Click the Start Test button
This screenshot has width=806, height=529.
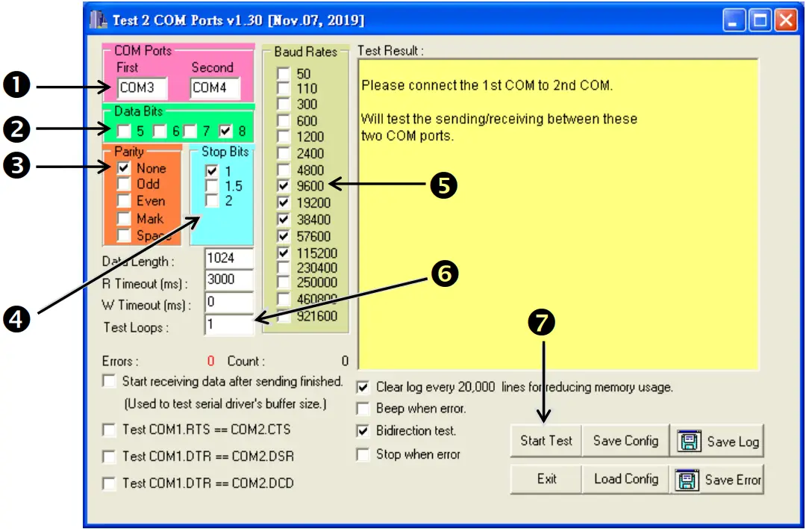coord(546,441)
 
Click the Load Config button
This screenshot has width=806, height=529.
coord(625,479)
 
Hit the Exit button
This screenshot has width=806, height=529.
coord(546,479)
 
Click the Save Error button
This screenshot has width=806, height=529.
coord(718,480)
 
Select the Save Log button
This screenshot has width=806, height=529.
coord(718,442)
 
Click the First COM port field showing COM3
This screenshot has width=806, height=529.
coord(141,87)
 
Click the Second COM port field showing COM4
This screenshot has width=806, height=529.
coord(215,87)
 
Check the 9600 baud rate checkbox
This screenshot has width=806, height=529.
coord(284,186)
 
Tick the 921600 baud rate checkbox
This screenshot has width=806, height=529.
coord(284,316)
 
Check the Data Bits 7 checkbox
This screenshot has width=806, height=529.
coord(190,132)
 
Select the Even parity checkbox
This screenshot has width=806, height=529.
coord(124,202)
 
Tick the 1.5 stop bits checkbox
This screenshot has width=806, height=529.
coord(212,186)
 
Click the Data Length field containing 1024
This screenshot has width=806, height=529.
coord(228,258)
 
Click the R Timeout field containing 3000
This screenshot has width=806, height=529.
coord(228,279)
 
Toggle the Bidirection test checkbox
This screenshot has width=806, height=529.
coord(363,431)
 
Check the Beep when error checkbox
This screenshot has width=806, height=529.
coord(363,409)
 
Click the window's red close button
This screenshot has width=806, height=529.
coord(784,20)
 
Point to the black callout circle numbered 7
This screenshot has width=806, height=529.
coord(542,322)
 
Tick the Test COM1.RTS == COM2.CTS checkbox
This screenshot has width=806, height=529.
coord(109,430)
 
